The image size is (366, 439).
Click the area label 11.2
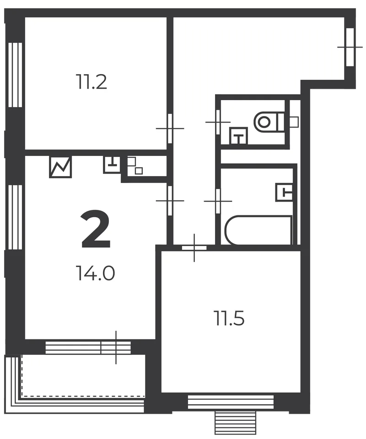tap(91, 81)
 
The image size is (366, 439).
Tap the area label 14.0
tap(95, 273)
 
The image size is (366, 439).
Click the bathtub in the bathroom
tap(258, 230)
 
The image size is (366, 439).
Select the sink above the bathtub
tap(284, 192)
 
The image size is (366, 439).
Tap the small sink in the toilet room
tap(238, 136)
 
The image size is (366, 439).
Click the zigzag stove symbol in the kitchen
tap(60, 167)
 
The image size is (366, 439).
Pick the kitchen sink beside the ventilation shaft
tap(112, 165)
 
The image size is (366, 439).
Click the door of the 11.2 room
tap(170, 128)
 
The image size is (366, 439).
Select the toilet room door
tap(218, 122)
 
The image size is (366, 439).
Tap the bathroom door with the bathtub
tap(218, 201)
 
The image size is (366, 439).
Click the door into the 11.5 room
tap(194, 248)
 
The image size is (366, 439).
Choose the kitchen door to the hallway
tap(170, 201)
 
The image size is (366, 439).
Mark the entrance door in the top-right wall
tap(350, 47)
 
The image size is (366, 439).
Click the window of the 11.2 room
tap(15, 75)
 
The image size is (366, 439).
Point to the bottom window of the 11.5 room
tap(231, 402)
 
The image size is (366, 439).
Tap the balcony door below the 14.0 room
tap(116, 348)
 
